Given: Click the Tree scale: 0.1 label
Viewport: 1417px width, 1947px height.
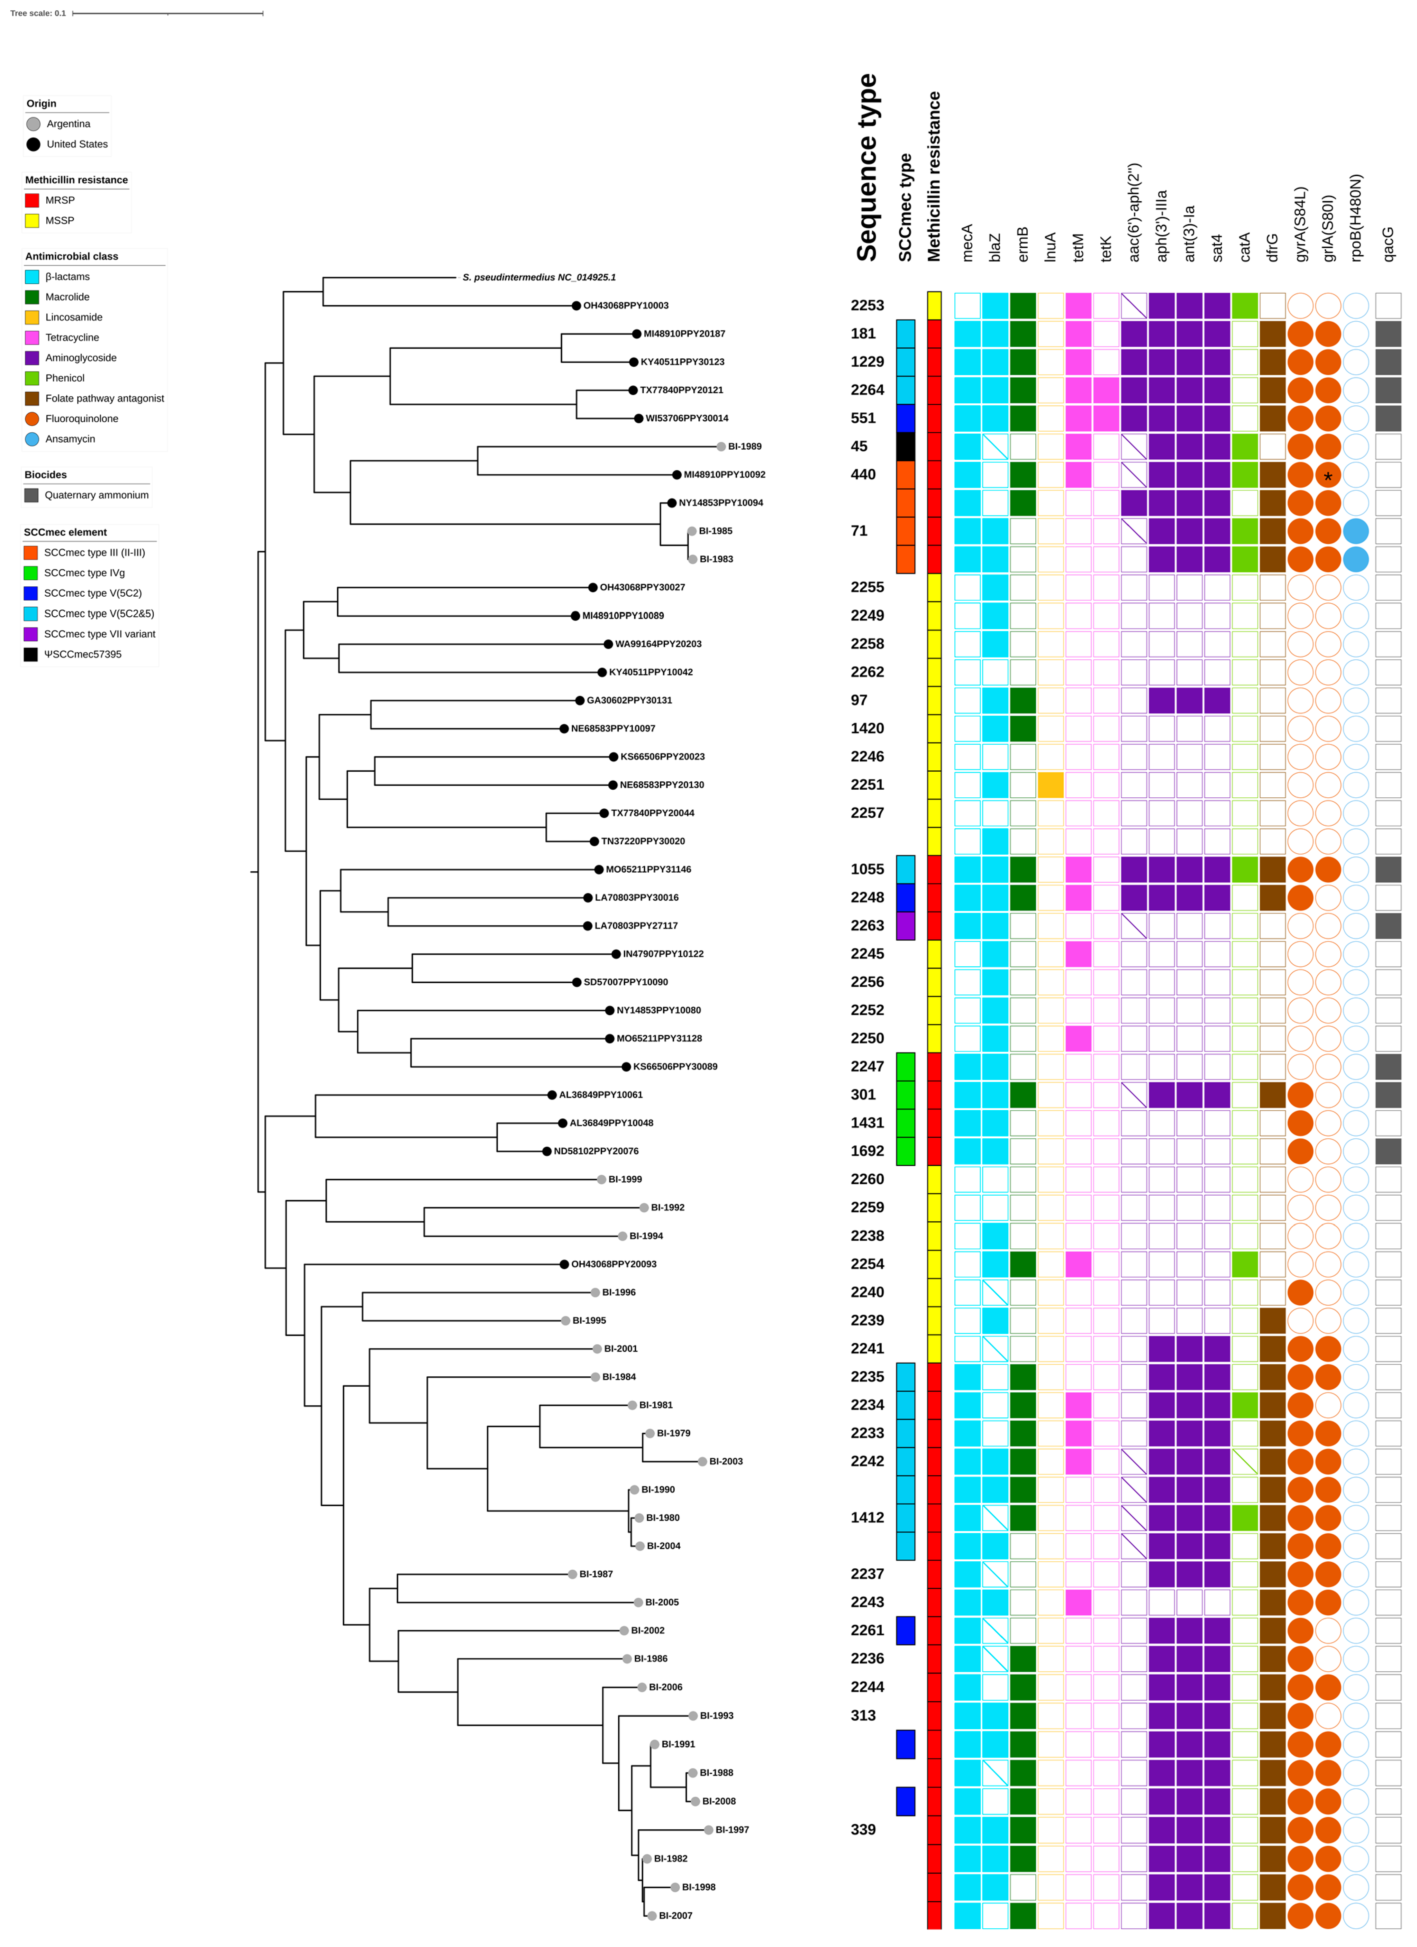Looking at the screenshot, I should point(38,13).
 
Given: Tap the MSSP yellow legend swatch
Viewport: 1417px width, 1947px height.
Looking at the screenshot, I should point(32,221).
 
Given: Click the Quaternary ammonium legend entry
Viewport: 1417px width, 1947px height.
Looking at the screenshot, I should point(96,495).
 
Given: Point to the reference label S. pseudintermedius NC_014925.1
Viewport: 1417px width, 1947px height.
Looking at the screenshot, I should point(538,277).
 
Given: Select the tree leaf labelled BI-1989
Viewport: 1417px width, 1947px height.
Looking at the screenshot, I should point(744,446).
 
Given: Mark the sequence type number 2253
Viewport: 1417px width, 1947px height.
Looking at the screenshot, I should point(867,306).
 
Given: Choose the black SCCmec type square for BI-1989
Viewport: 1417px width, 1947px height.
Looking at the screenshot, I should point(905,446).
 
